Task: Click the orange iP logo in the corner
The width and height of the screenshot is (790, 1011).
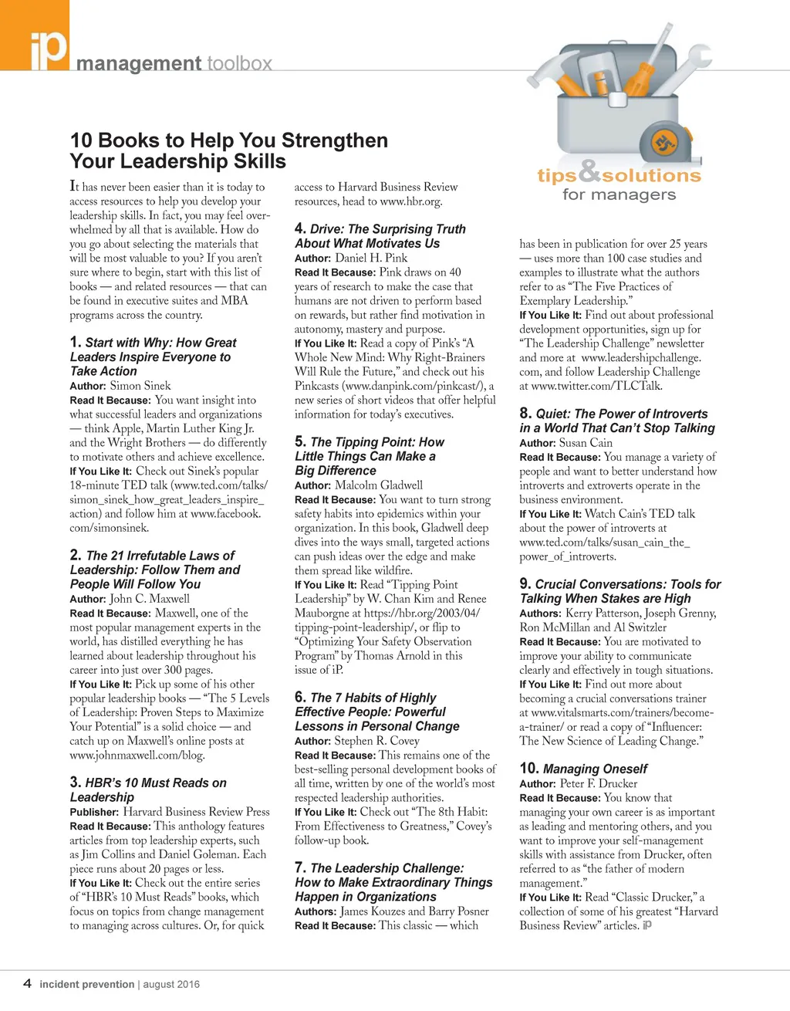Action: tap(35, 35)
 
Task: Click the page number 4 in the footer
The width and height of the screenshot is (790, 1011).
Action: tap(28, 983)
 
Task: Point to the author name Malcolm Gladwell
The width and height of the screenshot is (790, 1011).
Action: tap(379, 485)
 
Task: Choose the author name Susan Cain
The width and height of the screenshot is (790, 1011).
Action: tap(586, 443)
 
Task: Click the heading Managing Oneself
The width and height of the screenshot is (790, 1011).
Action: tap(595, 769)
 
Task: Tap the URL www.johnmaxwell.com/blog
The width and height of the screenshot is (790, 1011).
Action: tap(137, 756)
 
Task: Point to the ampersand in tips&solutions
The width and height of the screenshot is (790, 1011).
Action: tap(589, 171)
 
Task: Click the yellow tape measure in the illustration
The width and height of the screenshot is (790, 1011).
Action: tap(662, 144)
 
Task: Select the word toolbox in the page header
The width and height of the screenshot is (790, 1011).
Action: tap(239, 63)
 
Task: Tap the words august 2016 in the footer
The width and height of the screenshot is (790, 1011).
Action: tap(171, 984)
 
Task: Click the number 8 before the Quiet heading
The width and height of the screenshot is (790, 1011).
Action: tap(525, 413)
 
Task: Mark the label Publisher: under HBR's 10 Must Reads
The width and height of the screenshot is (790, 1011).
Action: tap(94, 812)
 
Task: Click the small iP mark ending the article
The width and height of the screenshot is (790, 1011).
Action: tap(647, 925)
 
